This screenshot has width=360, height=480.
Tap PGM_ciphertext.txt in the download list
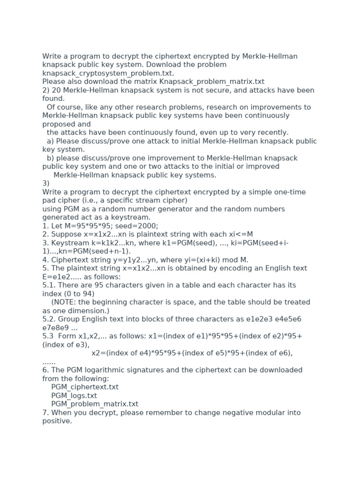(85, 387)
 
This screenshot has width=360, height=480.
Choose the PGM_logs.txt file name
(74, 396)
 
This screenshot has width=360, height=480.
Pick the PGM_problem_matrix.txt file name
(95, 404)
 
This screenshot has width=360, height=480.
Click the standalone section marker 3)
(46, 183)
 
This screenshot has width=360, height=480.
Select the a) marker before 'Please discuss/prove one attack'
(50, 141)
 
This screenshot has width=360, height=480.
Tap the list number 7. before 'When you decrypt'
(45, 413)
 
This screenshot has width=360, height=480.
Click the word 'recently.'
(272, 133)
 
